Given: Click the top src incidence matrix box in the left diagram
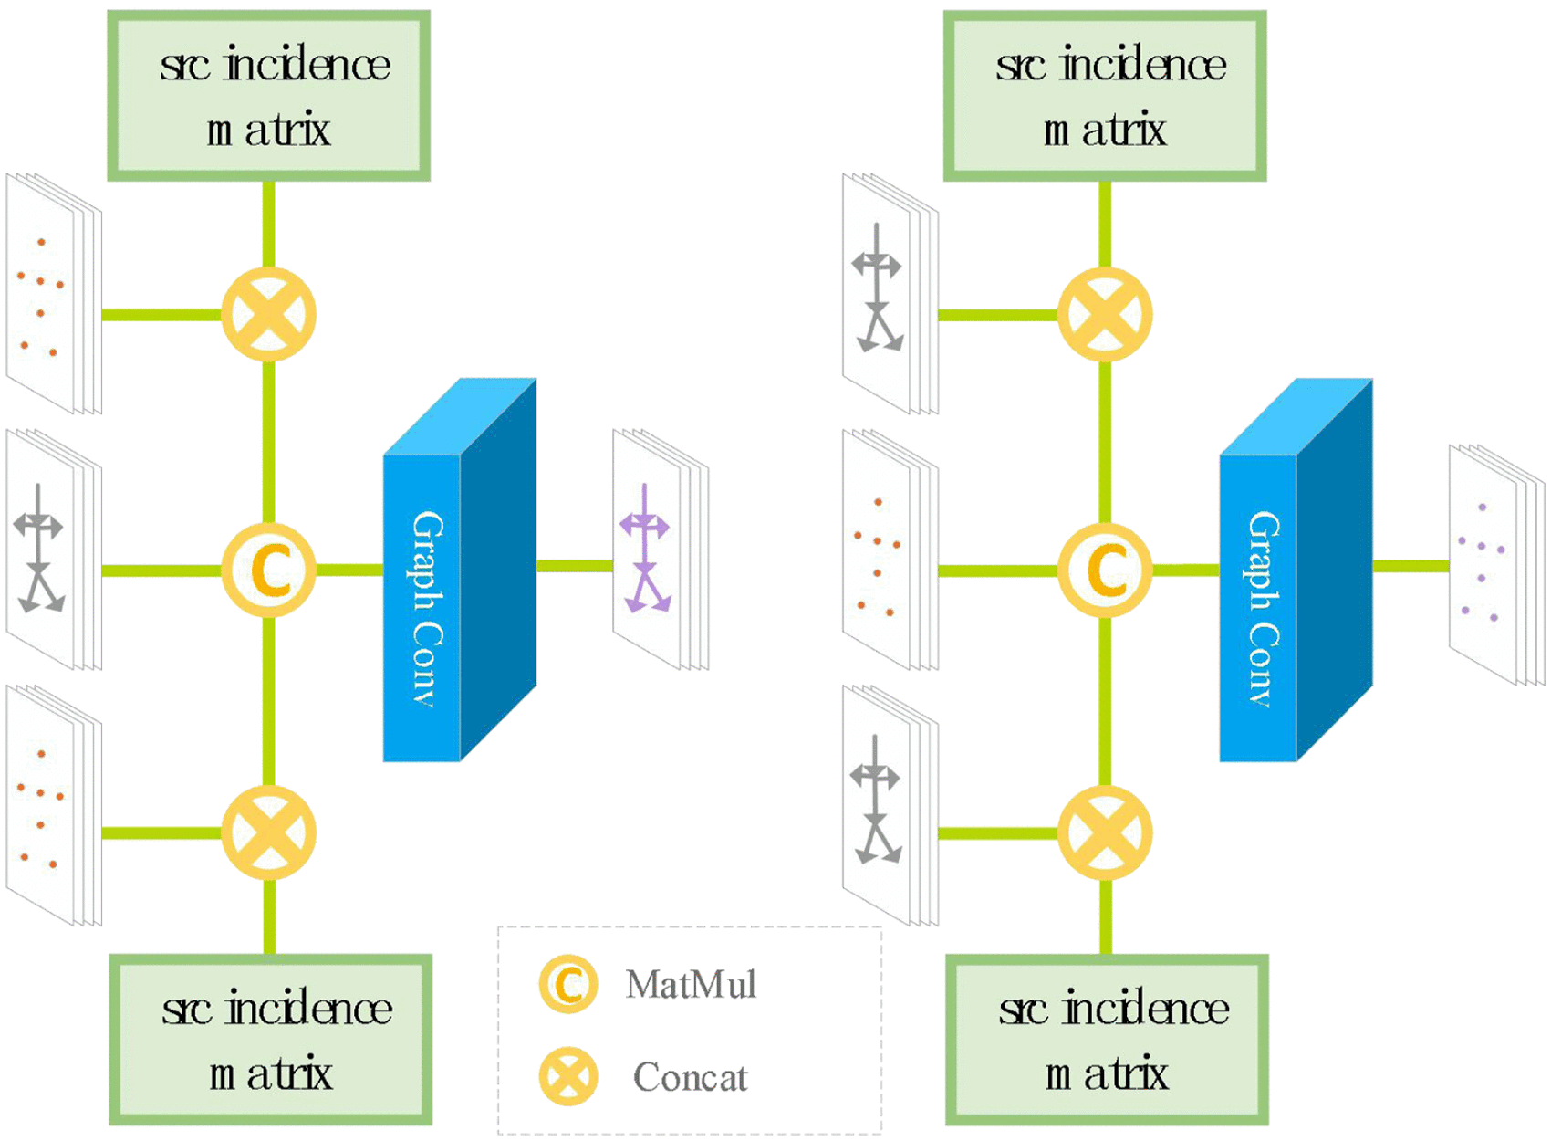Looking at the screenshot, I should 269,96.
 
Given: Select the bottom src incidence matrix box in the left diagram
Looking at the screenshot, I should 271,1040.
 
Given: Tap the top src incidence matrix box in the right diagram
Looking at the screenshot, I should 1105,96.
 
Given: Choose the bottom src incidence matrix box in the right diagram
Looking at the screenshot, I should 1107,1040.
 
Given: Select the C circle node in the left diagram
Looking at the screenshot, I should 269,570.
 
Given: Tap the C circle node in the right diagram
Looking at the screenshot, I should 1105,570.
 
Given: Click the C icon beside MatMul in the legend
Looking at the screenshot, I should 567,985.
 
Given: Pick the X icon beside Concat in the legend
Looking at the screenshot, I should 567,1077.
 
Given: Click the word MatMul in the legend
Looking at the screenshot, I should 691,985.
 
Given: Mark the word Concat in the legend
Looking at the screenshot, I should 690,1078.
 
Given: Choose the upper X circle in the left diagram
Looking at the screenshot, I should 269,315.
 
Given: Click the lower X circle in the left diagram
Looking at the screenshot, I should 269,832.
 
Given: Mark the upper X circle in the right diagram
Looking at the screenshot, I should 1105,315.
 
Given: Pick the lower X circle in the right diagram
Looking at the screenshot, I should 1105,832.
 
